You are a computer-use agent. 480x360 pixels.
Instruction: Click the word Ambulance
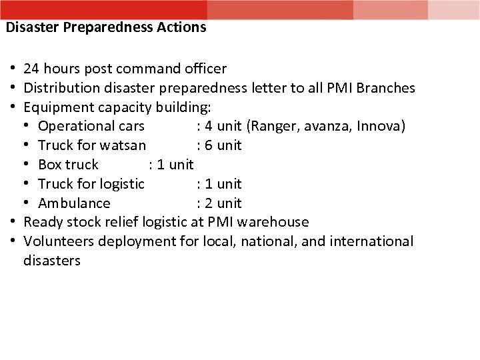click(74, 203)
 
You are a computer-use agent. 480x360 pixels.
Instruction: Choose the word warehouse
click(274, 222)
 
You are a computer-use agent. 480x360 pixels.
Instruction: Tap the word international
click(373, 241)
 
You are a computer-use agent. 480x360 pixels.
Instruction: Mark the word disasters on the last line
click(52, 260)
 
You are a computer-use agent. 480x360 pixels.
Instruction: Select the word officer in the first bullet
click(205, 68)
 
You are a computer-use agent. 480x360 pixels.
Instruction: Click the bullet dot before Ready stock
click(13, 222)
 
